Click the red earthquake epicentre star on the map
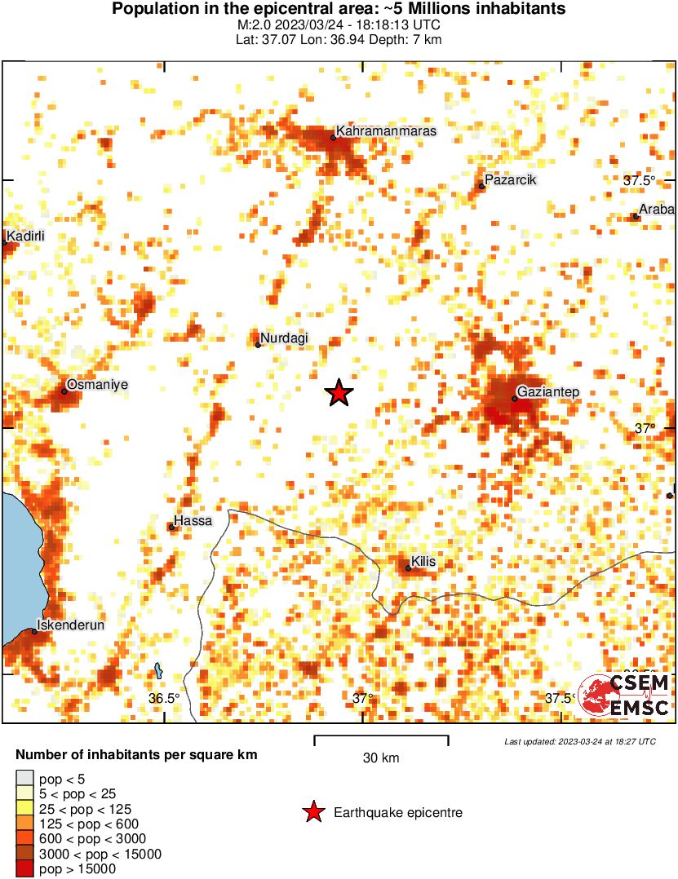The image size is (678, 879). [339, 393]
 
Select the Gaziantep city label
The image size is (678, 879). [549, 392]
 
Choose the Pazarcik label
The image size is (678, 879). [511, 180]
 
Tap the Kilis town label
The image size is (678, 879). [424, 562]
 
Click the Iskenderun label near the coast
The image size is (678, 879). [71, 625]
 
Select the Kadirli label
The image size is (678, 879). [25, 236]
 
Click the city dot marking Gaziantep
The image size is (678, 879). [515, 399]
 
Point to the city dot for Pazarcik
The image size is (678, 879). [481, 187]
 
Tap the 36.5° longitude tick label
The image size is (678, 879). [164, 698]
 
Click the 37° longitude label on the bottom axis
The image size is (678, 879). [362, 698]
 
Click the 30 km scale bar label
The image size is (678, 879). [381, 758]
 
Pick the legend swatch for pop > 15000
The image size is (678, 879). [25, 870]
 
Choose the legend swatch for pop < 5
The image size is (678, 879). [25, 780]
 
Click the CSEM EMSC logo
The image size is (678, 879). [626, 695]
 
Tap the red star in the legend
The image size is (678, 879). [312, 812]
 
